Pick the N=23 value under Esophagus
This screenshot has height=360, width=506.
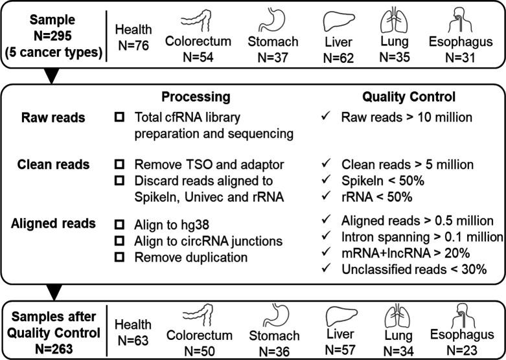coord(459,348)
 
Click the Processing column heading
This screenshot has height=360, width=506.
coord(196,96)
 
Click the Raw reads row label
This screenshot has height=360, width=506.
coord(48,118)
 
